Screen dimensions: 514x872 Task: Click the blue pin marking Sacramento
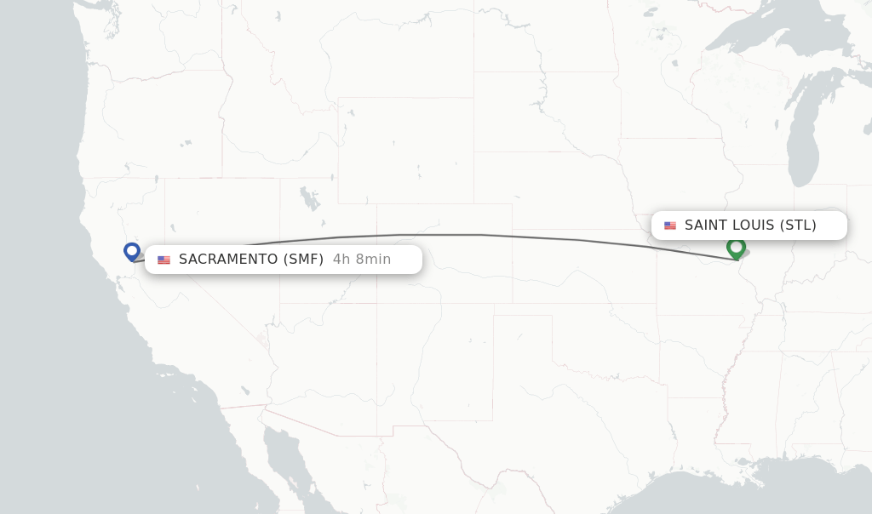coord(131,251)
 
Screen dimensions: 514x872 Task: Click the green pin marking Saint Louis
coord(736,248)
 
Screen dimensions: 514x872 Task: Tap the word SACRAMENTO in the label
coord(227,260)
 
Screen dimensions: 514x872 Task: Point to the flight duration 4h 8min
coord(362,260)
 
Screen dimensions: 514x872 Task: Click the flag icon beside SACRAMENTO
coord(163,260)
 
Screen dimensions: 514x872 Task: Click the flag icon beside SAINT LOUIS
coord(670,226)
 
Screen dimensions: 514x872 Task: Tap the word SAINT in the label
coord(704,226)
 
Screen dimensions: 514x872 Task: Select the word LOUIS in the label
coord(751,226)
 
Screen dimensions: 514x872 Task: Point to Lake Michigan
coord(802,136)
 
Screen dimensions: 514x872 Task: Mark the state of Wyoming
coord(404,150)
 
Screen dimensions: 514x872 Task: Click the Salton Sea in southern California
coord(244,391)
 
